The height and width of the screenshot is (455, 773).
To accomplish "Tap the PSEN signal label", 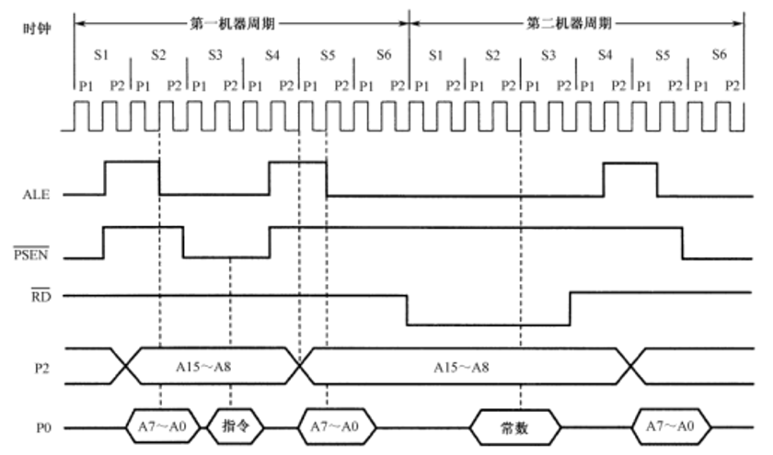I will pyautogui.click(x=36, y=256).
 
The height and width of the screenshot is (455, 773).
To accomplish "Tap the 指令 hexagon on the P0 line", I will pyautogui.click(x=237, y=427).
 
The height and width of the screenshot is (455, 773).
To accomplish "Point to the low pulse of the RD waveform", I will pyautogui.click(x=488, y=323).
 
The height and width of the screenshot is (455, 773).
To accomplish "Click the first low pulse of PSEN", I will pyautogui.click(x=226, y=256).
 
